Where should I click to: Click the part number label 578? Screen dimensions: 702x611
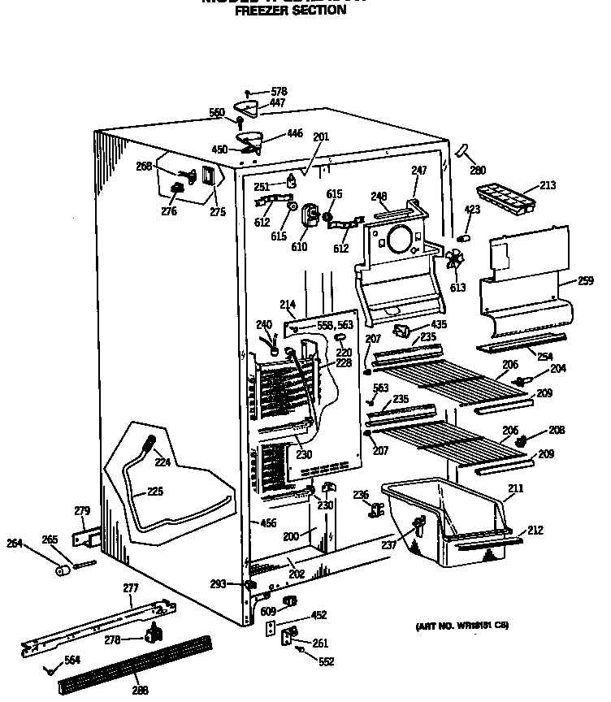pos(279,92)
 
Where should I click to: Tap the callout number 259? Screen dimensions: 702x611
pos(585,281)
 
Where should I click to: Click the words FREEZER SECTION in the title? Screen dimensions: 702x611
pos(290,11)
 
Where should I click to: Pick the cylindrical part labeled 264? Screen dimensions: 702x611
pos(62,570)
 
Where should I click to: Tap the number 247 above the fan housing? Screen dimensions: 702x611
pos(418,171)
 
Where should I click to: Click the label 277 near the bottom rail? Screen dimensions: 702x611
pos(131,587)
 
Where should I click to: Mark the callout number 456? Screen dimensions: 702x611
pos(269,522)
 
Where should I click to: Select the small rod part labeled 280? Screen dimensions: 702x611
pos(464,151)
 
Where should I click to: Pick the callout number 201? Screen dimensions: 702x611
pos(321,137)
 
